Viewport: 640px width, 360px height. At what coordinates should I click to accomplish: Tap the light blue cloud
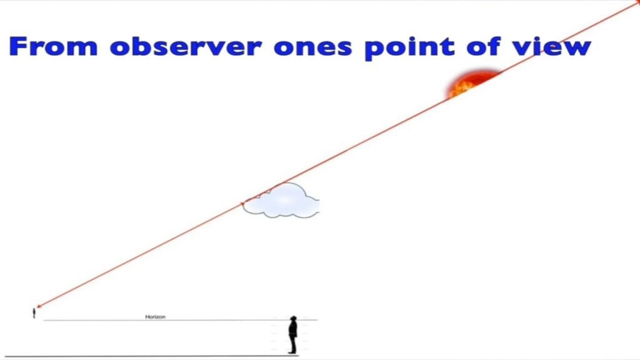click(x=282, y=201)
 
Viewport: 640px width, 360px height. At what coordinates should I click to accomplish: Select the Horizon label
click(x=155, y=317)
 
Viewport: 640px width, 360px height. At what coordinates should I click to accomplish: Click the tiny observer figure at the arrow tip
click(x=34, y=312)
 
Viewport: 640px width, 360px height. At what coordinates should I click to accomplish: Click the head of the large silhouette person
click(x=292, y=319)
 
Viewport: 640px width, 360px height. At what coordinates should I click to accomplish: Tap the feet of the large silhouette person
click(x=292, y=352)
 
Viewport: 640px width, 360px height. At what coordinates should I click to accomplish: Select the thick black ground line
click(x=156, y=356)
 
